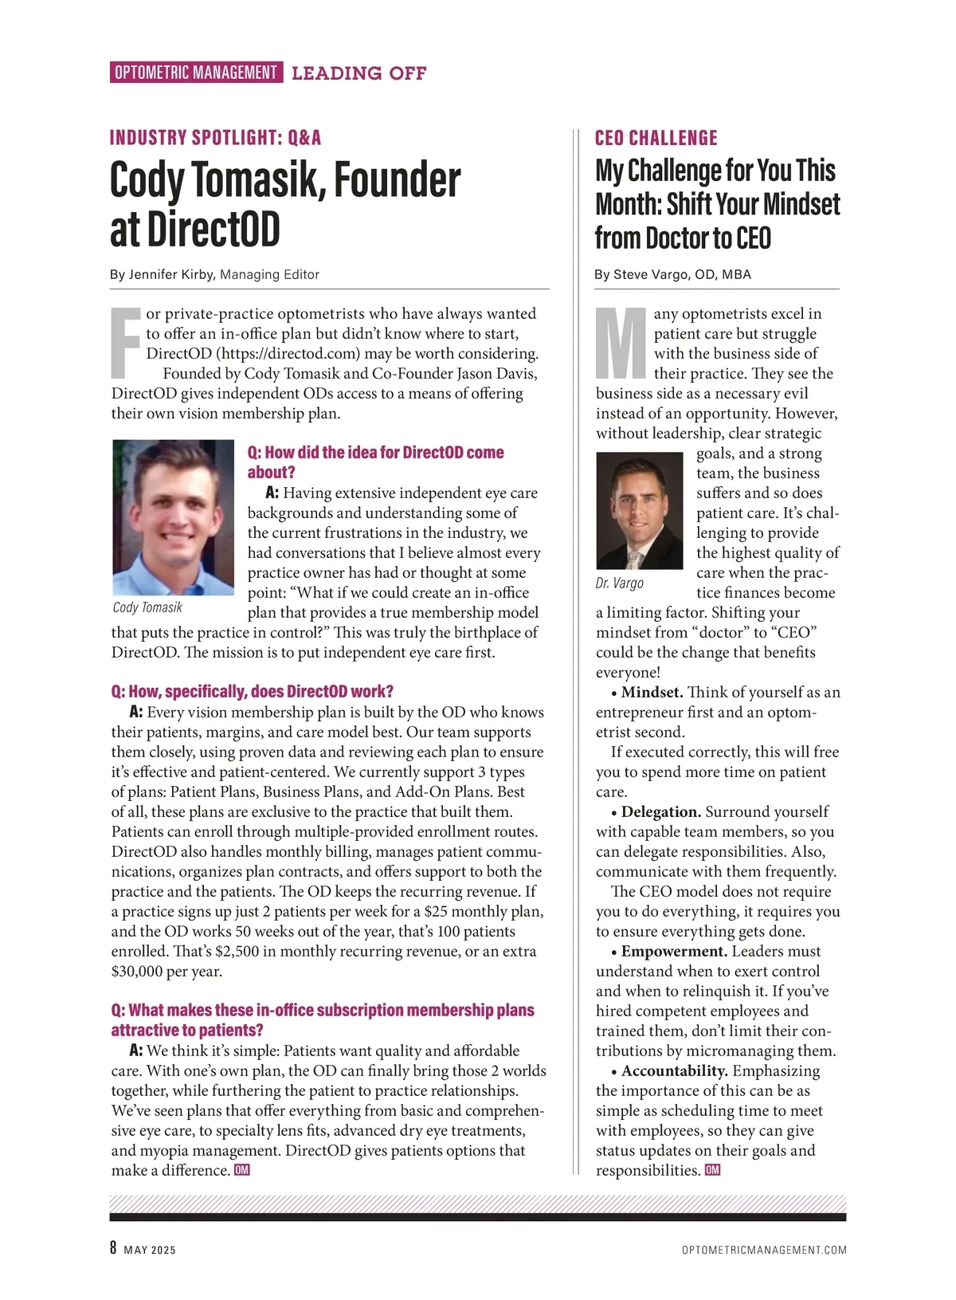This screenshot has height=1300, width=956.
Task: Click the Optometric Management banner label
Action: [196, 73]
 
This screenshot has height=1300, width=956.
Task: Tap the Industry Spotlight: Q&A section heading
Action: [215, 138]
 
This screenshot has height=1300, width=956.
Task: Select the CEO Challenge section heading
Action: [656, 138]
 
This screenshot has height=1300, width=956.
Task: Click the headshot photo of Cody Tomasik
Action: [173, 517]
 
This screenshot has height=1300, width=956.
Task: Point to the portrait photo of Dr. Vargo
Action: [639, 510]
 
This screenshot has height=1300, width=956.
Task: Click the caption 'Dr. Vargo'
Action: [619, 583]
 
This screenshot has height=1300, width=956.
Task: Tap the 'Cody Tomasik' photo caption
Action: [147, 607]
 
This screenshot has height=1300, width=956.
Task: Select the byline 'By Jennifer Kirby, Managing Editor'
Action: [214, 274]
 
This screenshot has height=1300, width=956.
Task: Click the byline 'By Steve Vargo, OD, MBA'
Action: [672, 274]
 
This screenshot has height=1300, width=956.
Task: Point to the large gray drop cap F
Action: [126, 343]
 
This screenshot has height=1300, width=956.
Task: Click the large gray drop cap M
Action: [621, 343]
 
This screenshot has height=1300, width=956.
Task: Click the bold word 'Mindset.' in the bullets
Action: [652, 693]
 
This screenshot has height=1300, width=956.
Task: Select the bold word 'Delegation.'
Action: [661, 812]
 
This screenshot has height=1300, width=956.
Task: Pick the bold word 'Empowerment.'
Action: [674, 952]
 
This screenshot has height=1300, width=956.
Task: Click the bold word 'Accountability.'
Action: [675, 1071]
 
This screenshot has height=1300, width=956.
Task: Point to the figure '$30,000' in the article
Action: [139, 972]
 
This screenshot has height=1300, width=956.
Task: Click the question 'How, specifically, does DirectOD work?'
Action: [253, 691]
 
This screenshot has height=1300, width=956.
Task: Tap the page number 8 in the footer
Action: [114, 1248]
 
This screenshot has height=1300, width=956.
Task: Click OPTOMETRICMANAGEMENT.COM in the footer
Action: [764, 1250]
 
